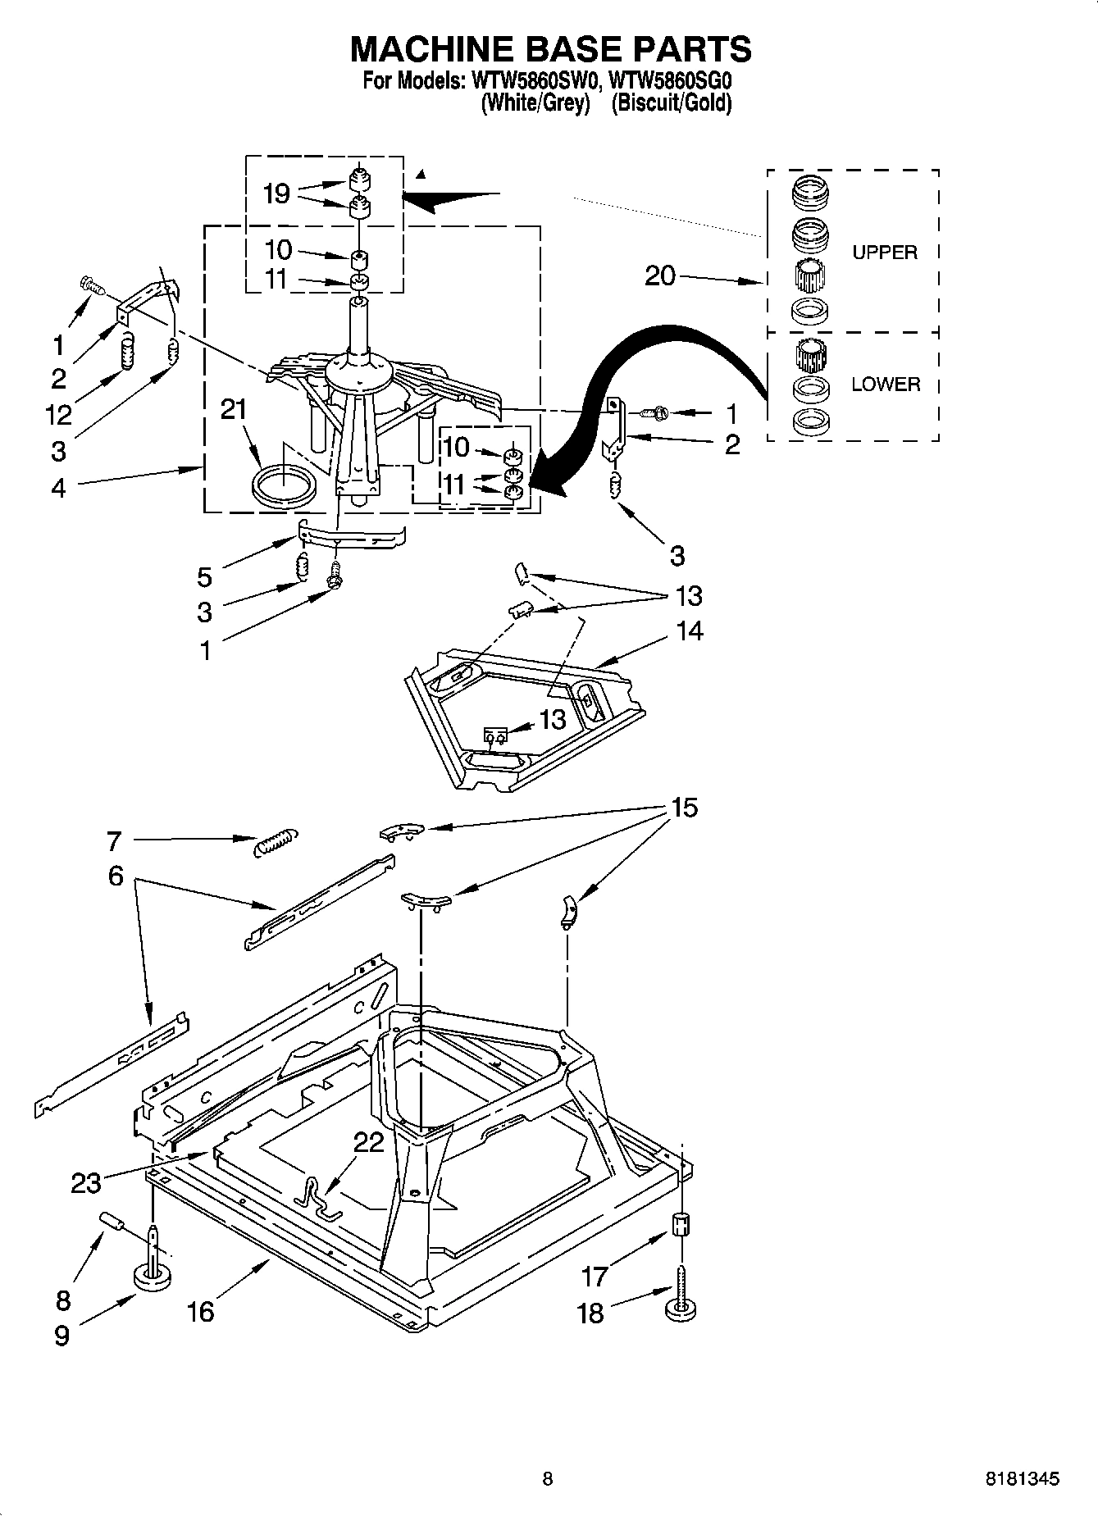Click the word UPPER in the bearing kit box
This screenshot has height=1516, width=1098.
tap(884, 253)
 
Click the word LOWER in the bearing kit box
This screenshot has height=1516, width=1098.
tap(885, 384)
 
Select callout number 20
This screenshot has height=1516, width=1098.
tap(659, 276)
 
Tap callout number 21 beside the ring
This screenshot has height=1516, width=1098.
tap(234, 409)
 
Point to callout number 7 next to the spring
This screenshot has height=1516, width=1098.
tap(114, 840)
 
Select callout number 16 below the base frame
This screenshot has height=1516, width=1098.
tap(200, 1311)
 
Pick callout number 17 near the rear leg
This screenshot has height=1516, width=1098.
tap(595, 1277)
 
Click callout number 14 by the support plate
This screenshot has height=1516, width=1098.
tap(690, 631)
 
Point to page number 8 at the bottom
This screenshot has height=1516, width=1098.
tap(548, 1478)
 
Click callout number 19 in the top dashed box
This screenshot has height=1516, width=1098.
tap(276, 193)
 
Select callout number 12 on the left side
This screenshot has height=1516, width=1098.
tap(58, 415)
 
